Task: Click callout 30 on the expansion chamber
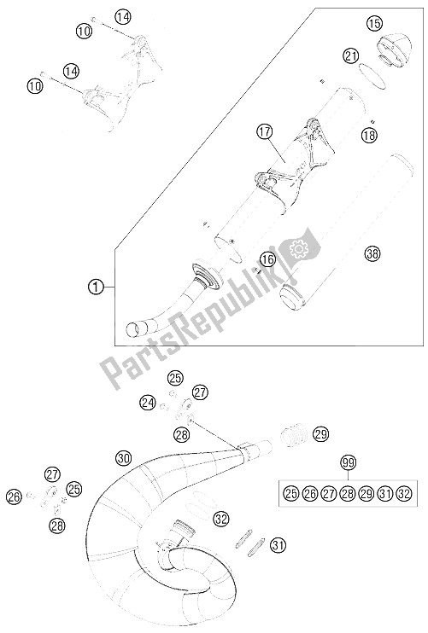point(125,458)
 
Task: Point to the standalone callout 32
point(222,518)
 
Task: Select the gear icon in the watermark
point(299,249)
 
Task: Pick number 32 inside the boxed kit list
point(405,492)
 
